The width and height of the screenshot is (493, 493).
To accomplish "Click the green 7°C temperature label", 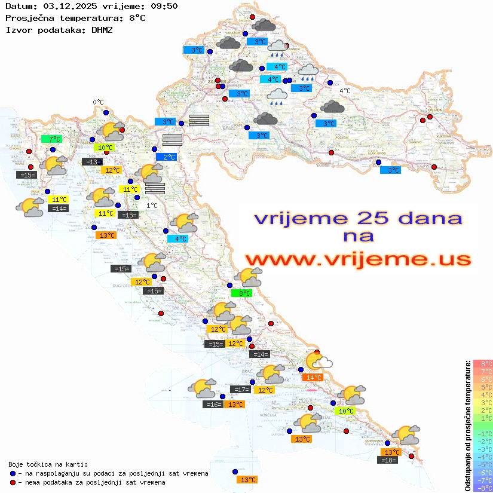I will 55,139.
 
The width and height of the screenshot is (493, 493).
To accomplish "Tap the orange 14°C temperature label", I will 314,377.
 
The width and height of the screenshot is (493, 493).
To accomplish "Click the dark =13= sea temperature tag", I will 92,162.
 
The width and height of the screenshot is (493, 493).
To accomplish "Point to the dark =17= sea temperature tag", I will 241,390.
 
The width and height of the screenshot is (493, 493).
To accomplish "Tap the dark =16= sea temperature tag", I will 213,405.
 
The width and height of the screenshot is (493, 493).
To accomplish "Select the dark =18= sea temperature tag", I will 388,460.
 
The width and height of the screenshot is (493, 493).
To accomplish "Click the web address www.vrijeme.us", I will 357,259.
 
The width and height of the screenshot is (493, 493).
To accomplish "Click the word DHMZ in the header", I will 102,29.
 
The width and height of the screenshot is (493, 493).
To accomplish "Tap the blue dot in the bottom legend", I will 13,473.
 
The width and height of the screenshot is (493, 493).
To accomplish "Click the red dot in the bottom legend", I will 13,482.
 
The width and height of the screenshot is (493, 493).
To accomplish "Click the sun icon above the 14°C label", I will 318,360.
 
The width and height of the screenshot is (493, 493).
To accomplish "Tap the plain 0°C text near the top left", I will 98,102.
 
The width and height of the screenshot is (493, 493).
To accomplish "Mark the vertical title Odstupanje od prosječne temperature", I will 467,425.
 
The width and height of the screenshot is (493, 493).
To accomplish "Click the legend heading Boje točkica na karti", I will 48,464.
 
